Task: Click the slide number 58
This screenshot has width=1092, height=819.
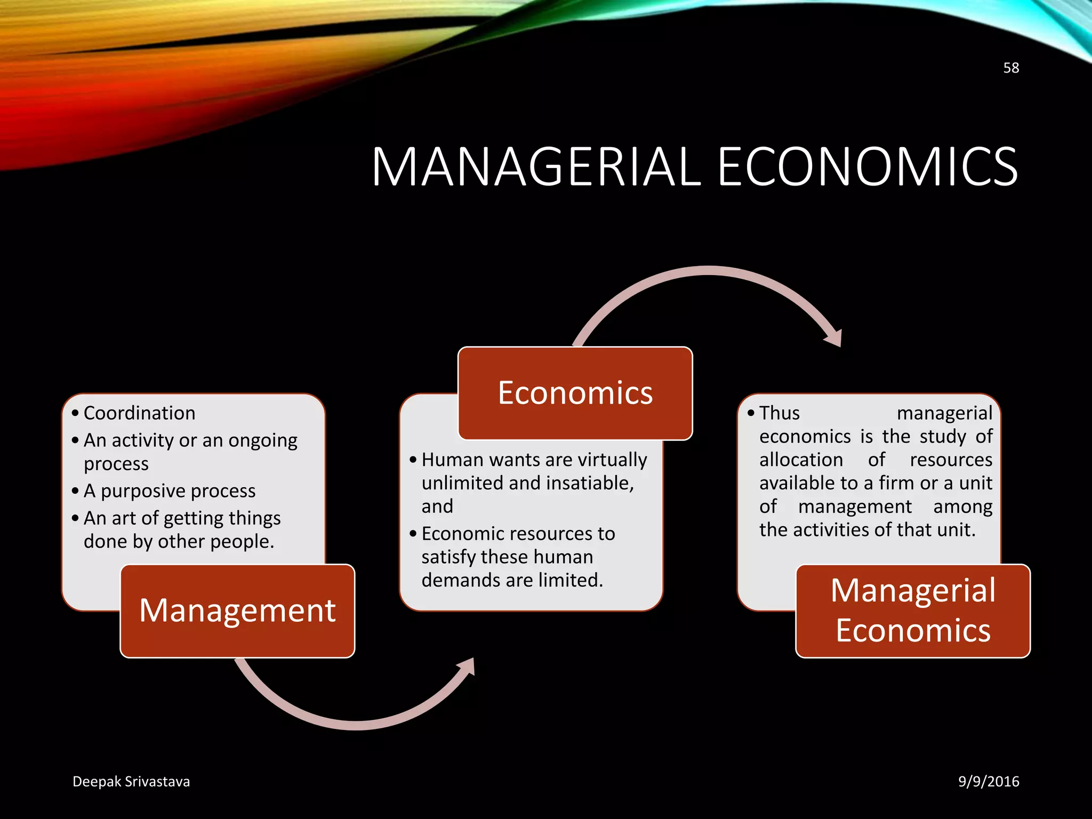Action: pos(1011,68)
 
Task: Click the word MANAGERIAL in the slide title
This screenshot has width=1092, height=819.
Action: pos(536,167)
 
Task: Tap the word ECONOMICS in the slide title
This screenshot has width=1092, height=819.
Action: pos(868,167)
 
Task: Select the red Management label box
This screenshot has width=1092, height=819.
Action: pos(237,611)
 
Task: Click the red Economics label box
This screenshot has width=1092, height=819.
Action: pos(575,393)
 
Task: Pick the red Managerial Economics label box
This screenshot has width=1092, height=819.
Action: pos(913,611)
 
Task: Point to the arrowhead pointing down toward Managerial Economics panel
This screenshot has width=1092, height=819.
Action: pos(834,339)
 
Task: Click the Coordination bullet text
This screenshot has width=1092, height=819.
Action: pos(140,413)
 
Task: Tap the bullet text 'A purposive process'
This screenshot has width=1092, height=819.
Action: pos(170,491)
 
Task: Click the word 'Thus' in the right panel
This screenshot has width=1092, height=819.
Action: pos(780,413)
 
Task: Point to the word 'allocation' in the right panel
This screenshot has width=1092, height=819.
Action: pos(801,460)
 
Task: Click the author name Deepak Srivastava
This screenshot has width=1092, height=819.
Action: pos(131,782)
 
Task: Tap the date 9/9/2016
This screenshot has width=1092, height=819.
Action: pos(989,782)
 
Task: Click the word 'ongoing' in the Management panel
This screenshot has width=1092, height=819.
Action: pos(263,441)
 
